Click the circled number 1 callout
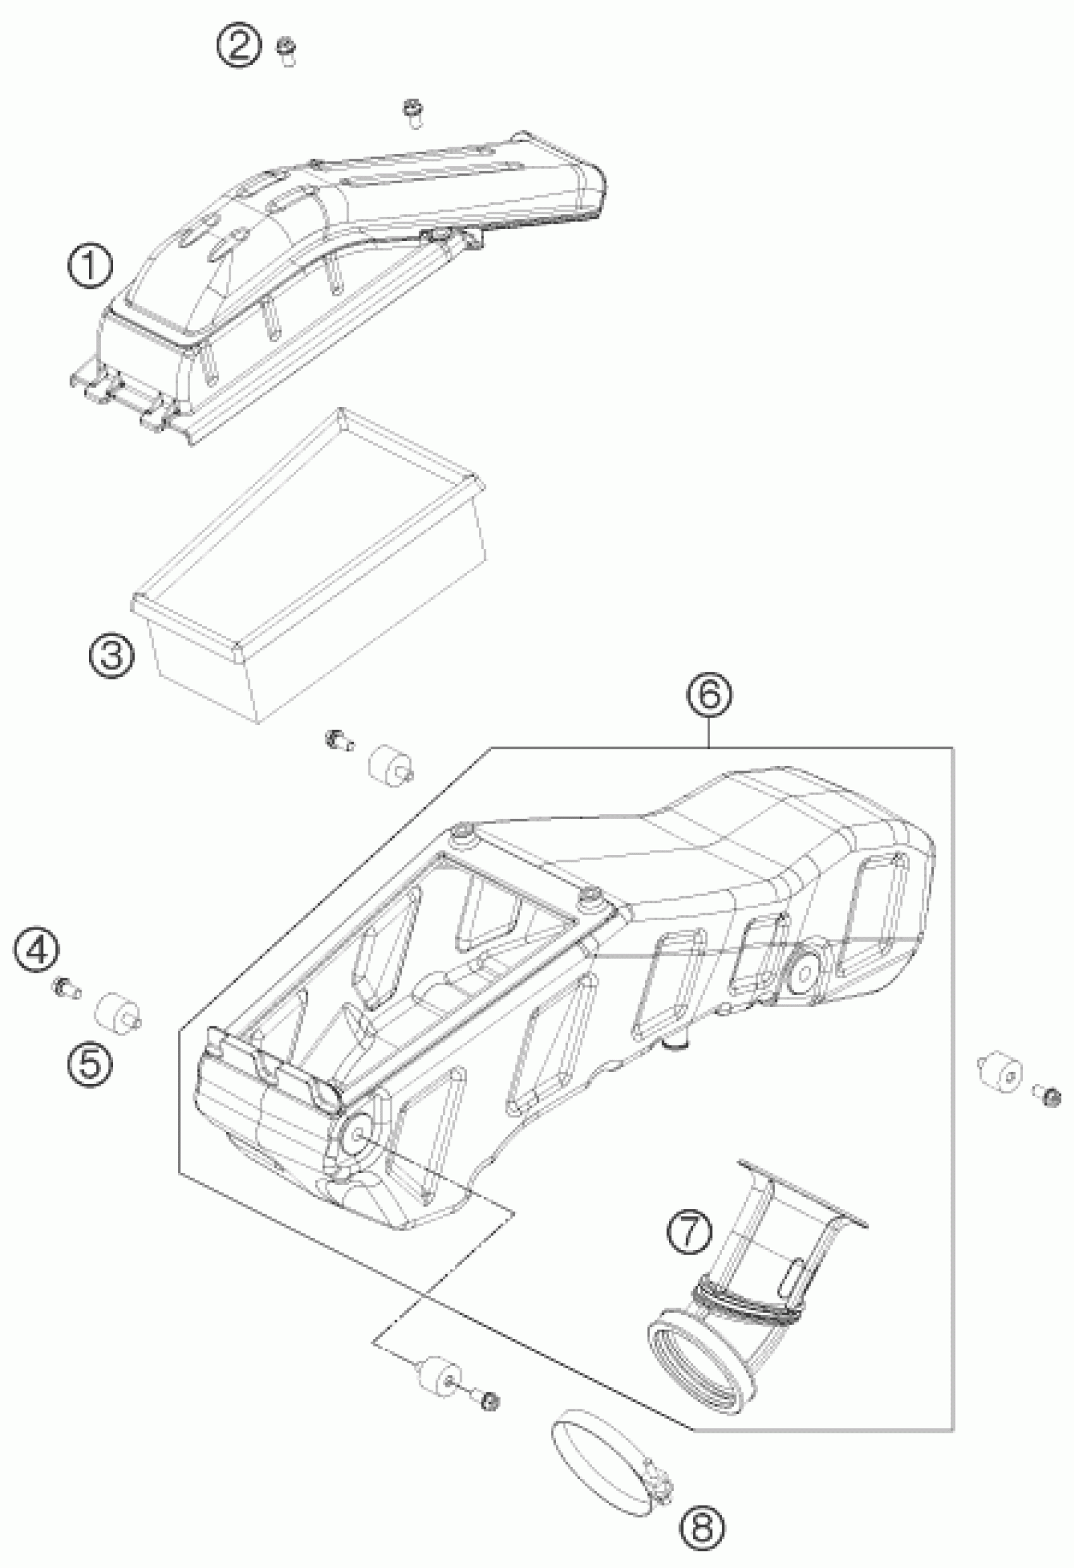tap(90, 267)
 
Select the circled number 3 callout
tap(111, 655)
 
